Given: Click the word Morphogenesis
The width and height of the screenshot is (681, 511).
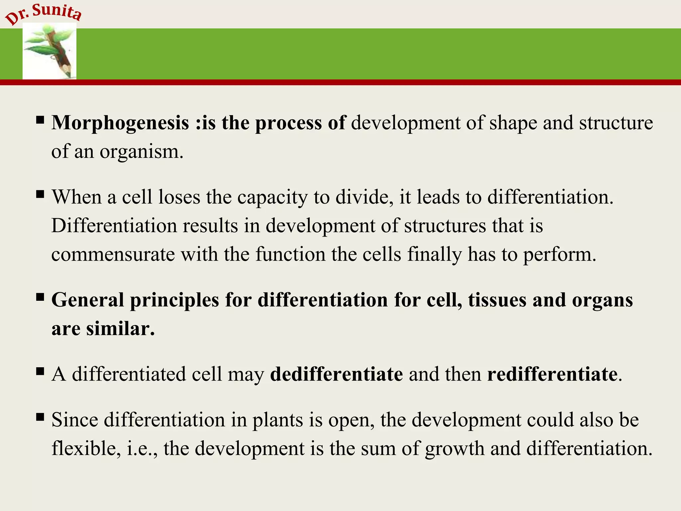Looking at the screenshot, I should point(120,123).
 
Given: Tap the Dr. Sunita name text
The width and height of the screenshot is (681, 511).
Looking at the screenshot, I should point(43,14).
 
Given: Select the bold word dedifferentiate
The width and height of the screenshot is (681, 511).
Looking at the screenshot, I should point(336,374).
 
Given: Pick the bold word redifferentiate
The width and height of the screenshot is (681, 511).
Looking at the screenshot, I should point(552,374).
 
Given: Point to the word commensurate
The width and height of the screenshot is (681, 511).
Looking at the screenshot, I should point(113,255).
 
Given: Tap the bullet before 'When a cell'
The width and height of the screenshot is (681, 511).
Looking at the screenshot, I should point(40,194).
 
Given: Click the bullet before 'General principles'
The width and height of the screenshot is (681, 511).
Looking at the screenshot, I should point(40,297).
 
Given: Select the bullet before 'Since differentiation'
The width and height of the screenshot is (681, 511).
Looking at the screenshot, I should point(40,417).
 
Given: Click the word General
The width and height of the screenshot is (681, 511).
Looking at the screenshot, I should point(88,300).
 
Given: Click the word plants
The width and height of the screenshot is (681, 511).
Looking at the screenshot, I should point(277,420).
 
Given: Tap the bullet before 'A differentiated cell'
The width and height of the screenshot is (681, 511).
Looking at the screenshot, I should point(40,371).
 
